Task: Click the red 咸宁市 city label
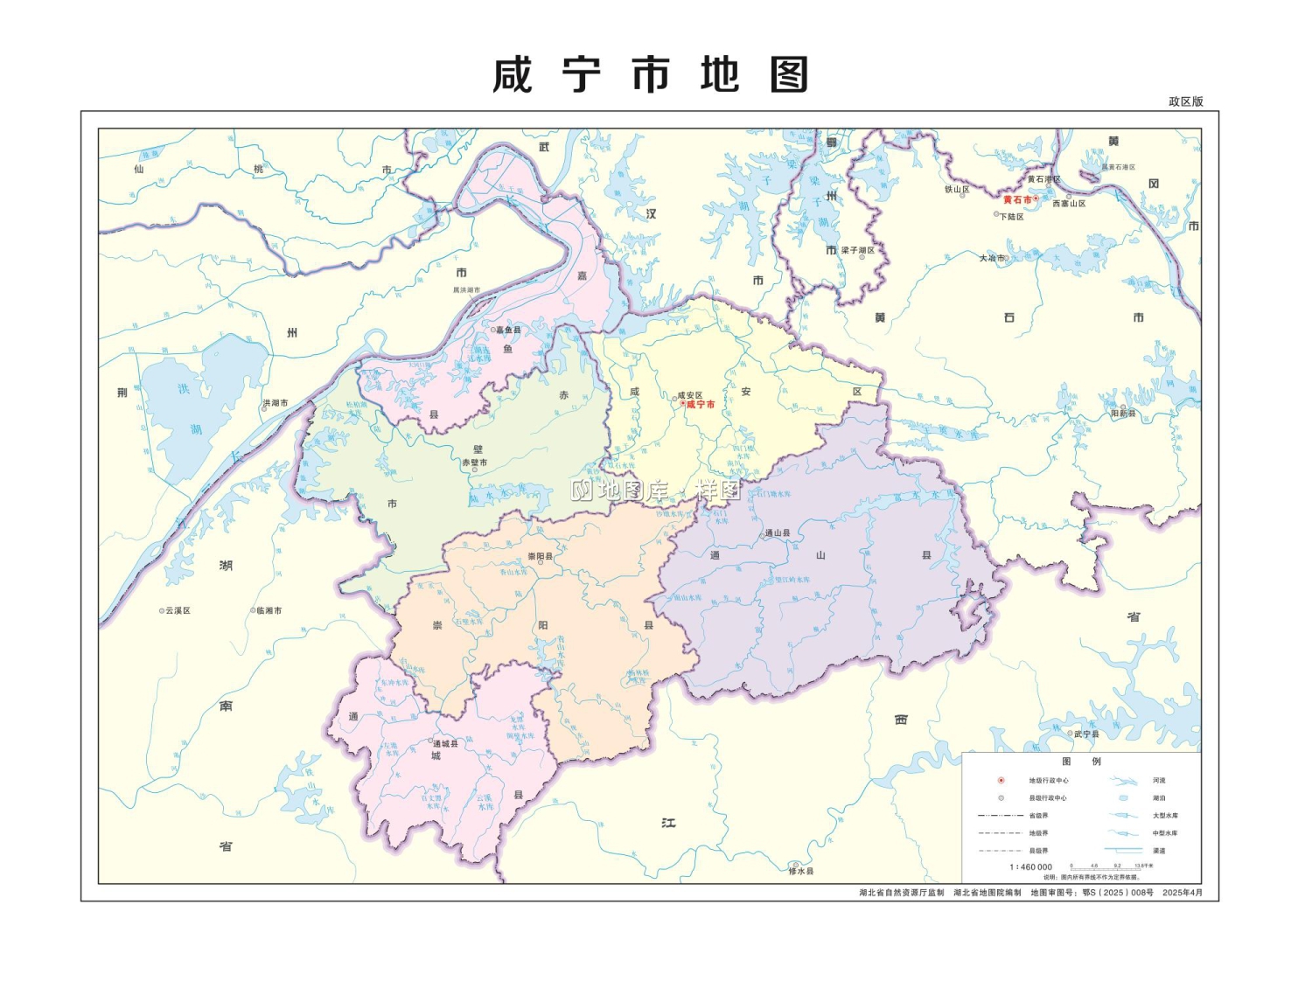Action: tap(701, 405)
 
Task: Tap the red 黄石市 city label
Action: tap(1017, 200)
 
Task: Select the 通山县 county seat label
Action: tap(778, 532)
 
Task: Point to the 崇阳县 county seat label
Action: tap(540, 556)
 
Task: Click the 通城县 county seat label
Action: tap(445, 743)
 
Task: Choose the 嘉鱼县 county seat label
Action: tap(508, 330)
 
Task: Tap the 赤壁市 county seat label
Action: tap(475, 463)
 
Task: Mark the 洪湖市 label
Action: tap(276, 403)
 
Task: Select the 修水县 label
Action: tap(801, 871)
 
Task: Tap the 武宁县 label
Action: tap(1087, 734)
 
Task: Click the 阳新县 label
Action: tap(1123, 414)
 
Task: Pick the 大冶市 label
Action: tap(992, 258)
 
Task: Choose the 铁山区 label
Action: tap(957, 189)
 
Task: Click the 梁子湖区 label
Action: tap(857, 250)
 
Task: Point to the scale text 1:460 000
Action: tap(1031, 866)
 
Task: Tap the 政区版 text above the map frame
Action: tap(1186, 101)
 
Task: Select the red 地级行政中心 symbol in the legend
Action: tap(1001, 780)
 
